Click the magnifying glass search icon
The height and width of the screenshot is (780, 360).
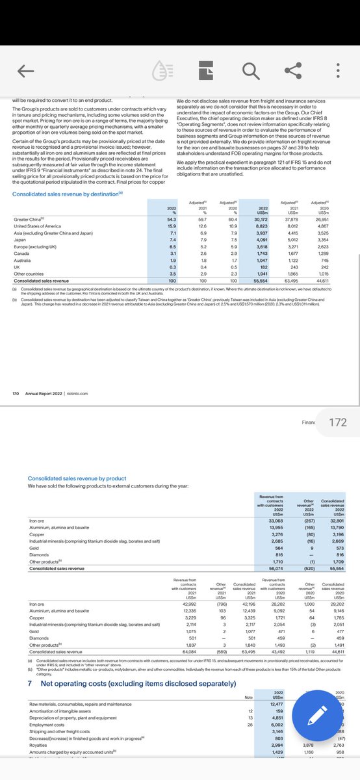point(250,71)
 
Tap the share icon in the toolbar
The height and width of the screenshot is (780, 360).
point(294,71)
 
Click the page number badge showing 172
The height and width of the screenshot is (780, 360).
point(338,422)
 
